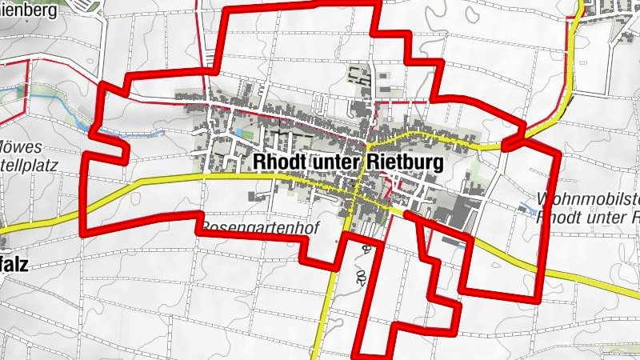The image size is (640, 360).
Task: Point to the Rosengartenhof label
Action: tap(260, 227)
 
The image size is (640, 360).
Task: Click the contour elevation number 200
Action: tap(362, 264)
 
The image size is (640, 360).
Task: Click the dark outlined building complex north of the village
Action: tap(359, 78)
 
